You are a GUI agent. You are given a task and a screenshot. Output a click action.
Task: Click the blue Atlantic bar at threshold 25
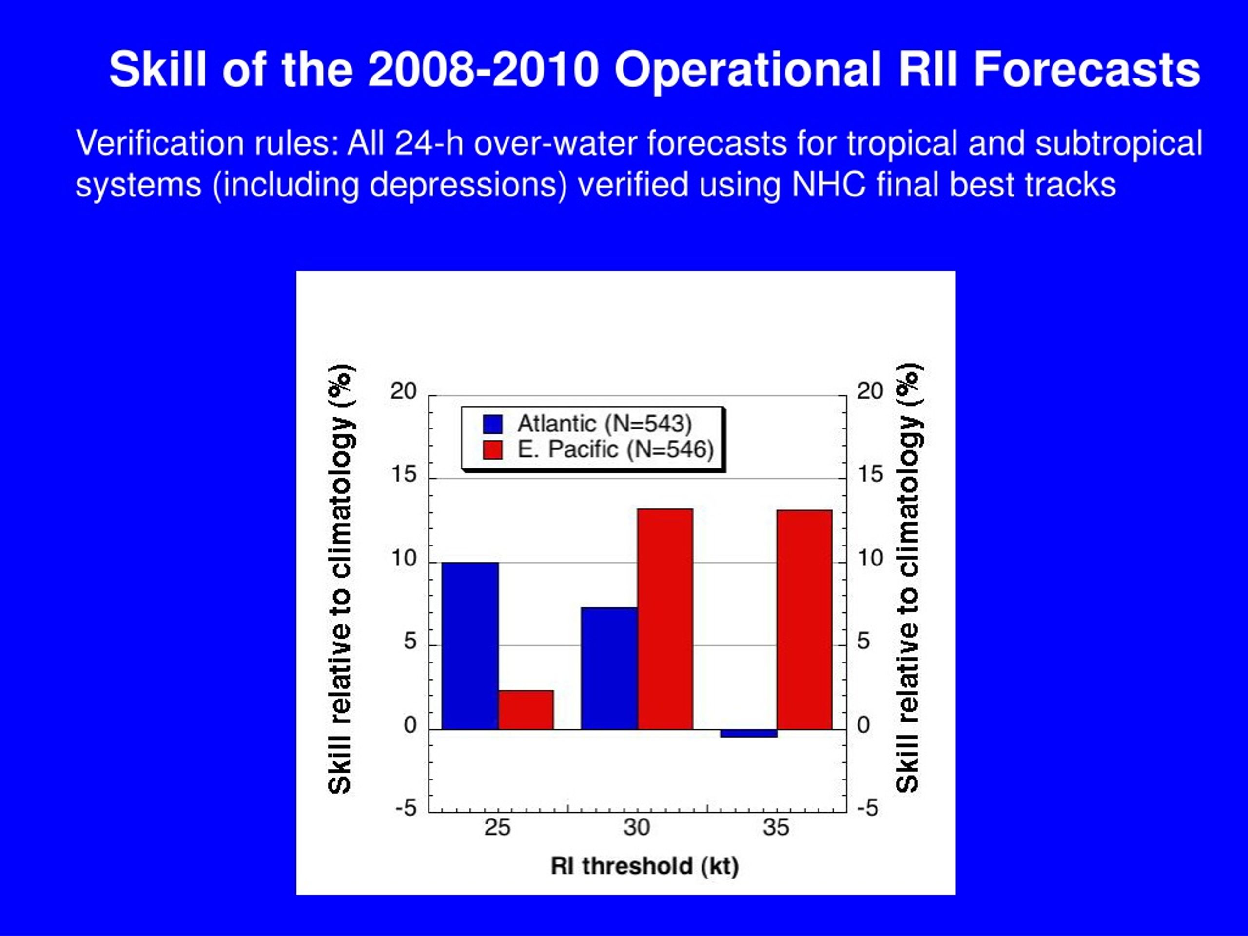pyautogui.click(x=470, y=645)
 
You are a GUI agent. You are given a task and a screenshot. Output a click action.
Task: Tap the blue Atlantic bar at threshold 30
pyautogui.click(x=609, y=668)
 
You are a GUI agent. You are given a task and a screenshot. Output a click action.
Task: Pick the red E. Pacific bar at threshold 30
pyautogui.click(x=665, y=619)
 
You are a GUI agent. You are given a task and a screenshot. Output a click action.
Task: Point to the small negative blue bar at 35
pyautogui.click(x=749, y=733)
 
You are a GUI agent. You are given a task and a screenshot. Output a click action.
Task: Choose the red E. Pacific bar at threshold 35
pyautogui.click(x=804, y=620)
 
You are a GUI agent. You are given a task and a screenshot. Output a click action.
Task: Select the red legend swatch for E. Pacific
pyautogui.click(x=492, y=449)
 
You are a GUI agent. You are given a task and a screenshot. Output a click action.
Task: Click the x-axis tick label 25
pyautogui.click(x=497, y=828)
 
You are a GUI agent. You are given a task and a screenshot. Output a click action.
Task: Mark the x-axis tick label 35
pyautogui.click(x=776, y=828)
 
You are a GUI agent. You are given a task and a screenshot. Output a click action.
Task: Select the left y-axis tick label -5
pyautogui.click(x=406, y=808)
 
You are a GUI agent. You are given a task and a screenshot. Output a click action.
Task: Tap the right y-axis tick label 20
pyautogui.click(x=870, y=390)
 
